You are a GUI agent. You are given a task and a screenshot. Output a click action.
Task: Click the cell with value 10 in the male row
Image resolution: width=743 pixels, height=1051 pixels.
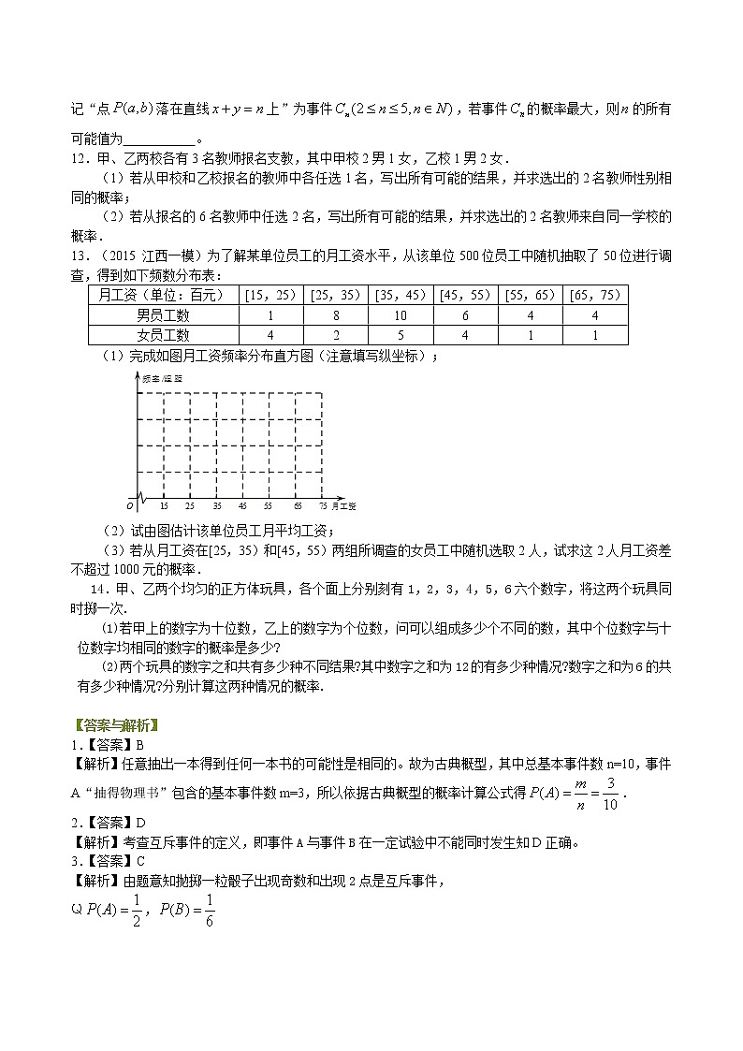click(x=400, y=315)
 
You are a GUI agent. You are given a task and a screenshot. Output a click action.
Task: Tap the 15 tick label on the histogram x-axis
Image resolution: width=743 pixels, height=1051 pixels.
click(x=164, y=505)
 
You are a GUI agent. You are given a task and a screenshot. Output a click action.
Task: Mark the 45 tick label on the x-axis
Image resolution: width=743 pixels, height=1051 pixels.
click(x=243, y=505)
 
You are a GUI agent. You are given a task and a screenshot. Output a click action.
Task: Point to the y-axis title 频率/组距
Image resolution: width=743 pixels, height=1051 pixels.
click(x=161, y=378)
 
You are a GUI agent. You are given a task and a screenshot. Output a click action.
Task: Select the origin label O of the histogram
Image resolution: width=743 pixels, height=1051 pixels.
click(x=130, y=504)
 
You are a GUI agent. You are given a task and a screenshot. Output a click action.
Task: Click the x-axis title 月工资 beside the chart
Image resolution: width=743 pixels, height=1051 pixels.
click(x=345, y=505)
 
